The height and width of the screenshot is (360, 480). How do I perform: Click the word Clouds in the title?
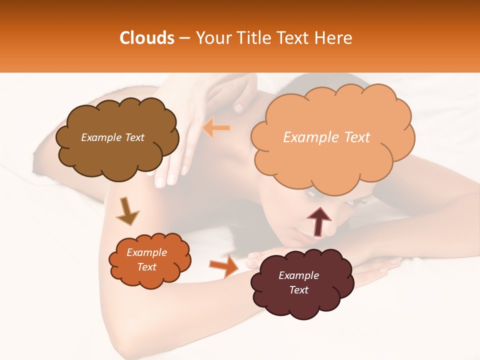point(147,38)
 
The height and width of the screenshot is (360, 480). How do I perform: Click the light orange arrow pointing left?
point(216,128)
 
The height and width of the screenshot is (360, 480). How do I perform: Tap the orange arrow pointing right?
point(224,266)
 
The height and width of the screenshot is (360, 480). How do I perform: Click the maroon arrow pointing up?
point(319,221)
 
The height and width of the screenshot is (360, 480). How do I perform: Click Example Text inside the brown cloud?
point(113,137)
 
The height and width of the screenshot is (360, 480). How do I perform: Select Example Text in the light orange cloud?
point(326,137)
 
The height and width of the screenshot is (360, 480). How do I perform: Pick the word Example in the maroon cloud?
point(298,275)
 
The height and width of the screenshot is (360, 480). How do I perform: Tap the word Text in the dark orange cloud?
point(147,267)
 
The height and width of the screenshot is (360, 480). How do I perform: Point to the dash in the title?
point(184,38)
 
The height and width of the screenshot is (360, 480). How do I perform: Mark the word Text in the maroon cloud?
point(298,290)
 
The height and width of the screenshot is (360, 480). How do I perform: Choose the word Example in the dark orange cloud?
point(147,252)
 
